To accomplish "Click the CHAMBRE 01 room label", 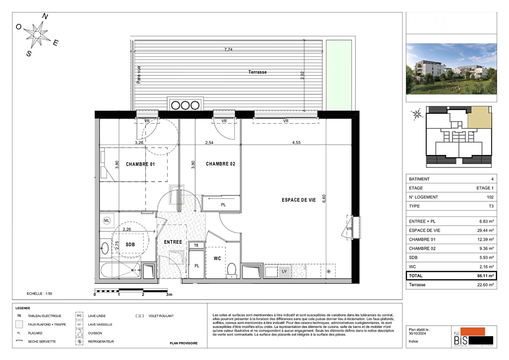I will pyautogui.click(x=140, y=164).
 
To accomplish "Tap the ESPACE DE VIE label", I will pyautogui.click(x=298, y=200).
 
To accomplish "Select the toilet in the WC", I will pyautogui.click(x=232, y=270).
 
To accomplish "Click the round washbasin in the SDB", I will pyautogui.click(x=105, y=248).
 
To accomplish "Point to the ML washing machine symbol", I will pyautogui.click(x=107, y=221).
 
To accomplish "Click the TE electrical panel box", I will pyautogui.click(x=196, y=245).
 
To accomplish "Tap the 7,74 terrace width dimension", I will pyautogui.click(x=228, y=50).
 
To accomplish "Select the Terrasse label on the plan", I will pyautogui.click(x=257, y=72).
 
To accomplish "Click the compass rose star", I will pyautogui.click(x=37, y=34).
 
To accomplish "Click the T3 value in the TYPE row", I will pyautogui.click(x=491, y=206).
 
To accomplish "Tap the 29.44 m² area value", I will pyautogui.click(x=485, y=231).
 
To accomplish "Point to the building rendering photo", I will pyautogui.click(x=451, y=69).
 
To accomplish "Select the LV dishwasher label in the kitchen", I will pyautogui.click(x=284, y=271).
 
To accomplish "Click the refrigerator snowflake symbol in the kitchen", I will pyautogui.click(x=328, y=271).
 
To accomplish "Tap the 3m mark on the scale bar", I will pyautogui.click(x=169, y=294).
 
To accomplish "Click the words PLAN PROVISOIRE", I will pyautogui.click(x=184, y=343).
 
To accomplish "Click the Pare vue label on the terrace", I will pyautogui.click(x=139, y=75).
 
